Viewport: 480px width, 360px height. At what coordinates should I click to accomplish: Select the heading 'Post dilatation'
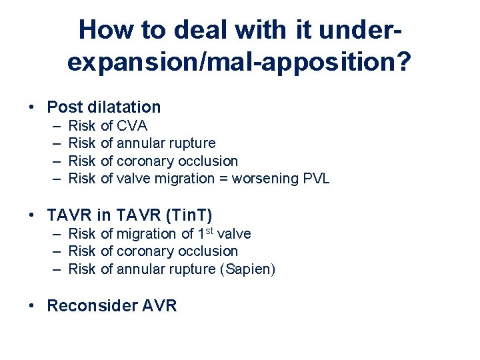pos(104,107)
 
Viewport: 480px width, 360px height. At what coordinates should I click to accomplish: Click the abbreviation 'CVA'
pos(132,125)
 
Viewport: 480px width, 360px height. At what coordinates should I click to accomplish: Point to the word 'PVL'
pos(315,178)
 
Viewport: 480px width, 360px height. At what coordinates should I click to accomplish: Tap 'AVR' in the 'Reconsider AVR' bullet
pos(159,305)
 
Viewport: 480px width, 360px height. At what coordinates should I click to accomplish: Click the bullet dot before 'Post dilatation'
pos(32,107)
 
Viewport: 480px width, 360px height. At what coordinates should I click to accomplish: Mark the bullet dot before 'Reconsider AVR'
pos(32,306)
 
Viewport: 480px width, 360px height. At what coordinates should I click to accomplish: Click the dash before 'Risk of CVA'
pos(53,125)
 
